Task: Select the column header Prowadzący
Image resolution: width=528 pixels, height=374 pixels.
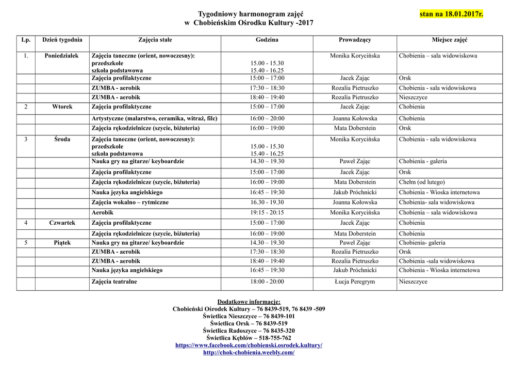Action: [355, 40]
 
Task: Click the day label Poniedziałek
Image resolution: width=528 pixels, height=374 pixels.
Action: [62, 56]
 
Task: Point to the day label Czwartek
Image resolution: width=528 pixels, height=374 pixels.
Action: [62, 223]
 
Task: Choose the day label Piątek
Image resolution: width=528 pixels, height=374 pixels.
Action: [62, 243]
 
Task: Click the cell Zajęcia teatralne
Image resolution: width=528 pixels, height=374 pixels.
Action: [114, 282]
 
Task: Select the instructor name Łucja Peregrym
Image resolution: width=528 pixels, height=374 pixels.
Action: [355, 282]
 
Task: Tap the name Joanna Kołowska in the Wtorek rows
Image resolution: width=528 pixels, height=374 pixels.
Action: [355, 119]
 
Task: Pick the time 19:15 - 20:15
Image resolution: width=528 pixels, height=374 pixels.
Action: [267, 213]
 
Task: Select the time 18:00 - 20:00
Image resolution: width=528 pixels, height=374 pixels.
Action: [267, 282]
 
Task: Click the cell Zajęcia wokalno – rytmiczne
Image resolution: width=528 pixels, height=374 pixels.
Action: [130, 202]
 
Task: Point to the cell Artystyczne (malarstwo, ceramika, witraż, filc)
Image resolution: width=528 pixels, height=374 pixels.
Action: [154, 119]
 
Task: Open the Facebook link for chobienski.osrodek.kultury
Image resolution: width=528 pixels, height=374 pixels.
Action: [249, 345]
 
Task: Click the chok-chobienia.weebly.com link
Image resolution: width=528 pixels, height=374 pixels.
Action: [249, 352]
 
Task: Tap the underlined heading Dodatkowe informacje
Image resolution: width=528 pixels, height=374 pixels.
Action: [249, 302]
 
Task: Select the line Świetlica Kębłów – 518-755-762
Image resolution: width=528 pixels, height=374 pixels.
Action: [249, 338]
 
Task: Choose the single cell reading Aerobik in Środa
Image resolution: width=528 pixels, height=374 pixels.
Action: [103, 213]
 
